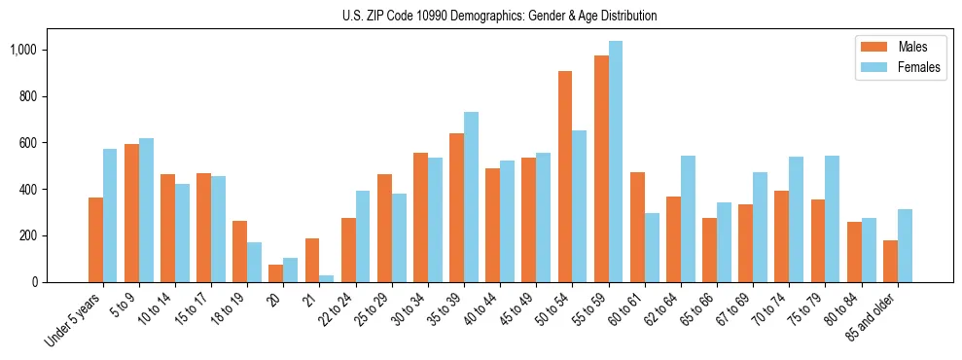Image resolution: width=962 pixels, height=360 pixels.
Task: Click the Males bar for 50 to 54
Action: pos(565,176)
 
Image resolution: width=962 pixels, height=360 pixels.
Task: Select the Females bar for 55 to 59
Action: pos(616,162)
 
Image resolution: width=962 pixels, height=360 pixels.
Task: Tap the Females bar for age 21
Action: pos(327,278)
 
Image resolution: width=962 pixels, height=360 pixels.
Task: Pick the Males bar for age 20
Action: pos(276,273)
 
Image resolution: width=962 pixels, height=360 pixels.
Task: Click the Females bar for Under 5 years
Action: pos(110,215)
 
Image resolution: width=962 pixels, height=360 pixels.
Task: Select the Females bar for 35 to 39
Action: pos(471,197)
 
